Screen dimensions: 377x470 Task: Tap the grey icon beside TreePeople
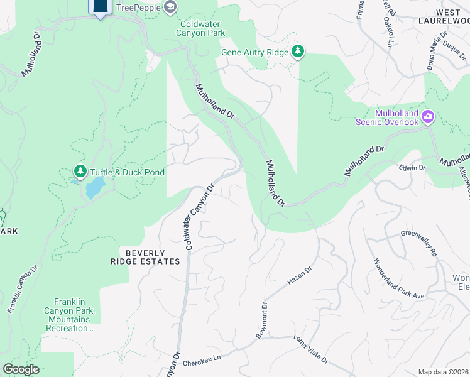pos(169,7)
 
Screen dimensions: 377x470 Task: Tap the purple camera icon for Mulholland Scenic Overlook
pos(428,116)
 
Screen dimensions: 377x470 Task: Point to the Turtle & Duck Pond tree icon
pos(80,172)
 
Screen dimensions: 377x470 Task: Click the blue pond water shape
pos(94,187)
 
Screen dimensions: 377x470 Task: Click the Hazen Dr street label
pos(300,275)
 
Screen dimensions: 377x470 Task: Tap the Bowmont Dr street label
pos(261,320)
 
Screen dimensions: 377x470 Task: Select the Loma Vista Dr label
pos(310,349)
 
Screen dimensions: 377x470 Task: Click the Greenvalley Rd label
pos(419,243)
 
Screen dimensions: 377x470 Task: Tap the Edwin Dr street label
pos(413,168)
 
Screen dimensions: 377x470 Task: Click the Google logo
pos(21,369)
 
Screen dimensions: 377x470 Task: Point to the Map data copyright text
pos(443,372)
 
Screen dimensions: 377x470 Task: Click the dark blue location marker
pos(100,7)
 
